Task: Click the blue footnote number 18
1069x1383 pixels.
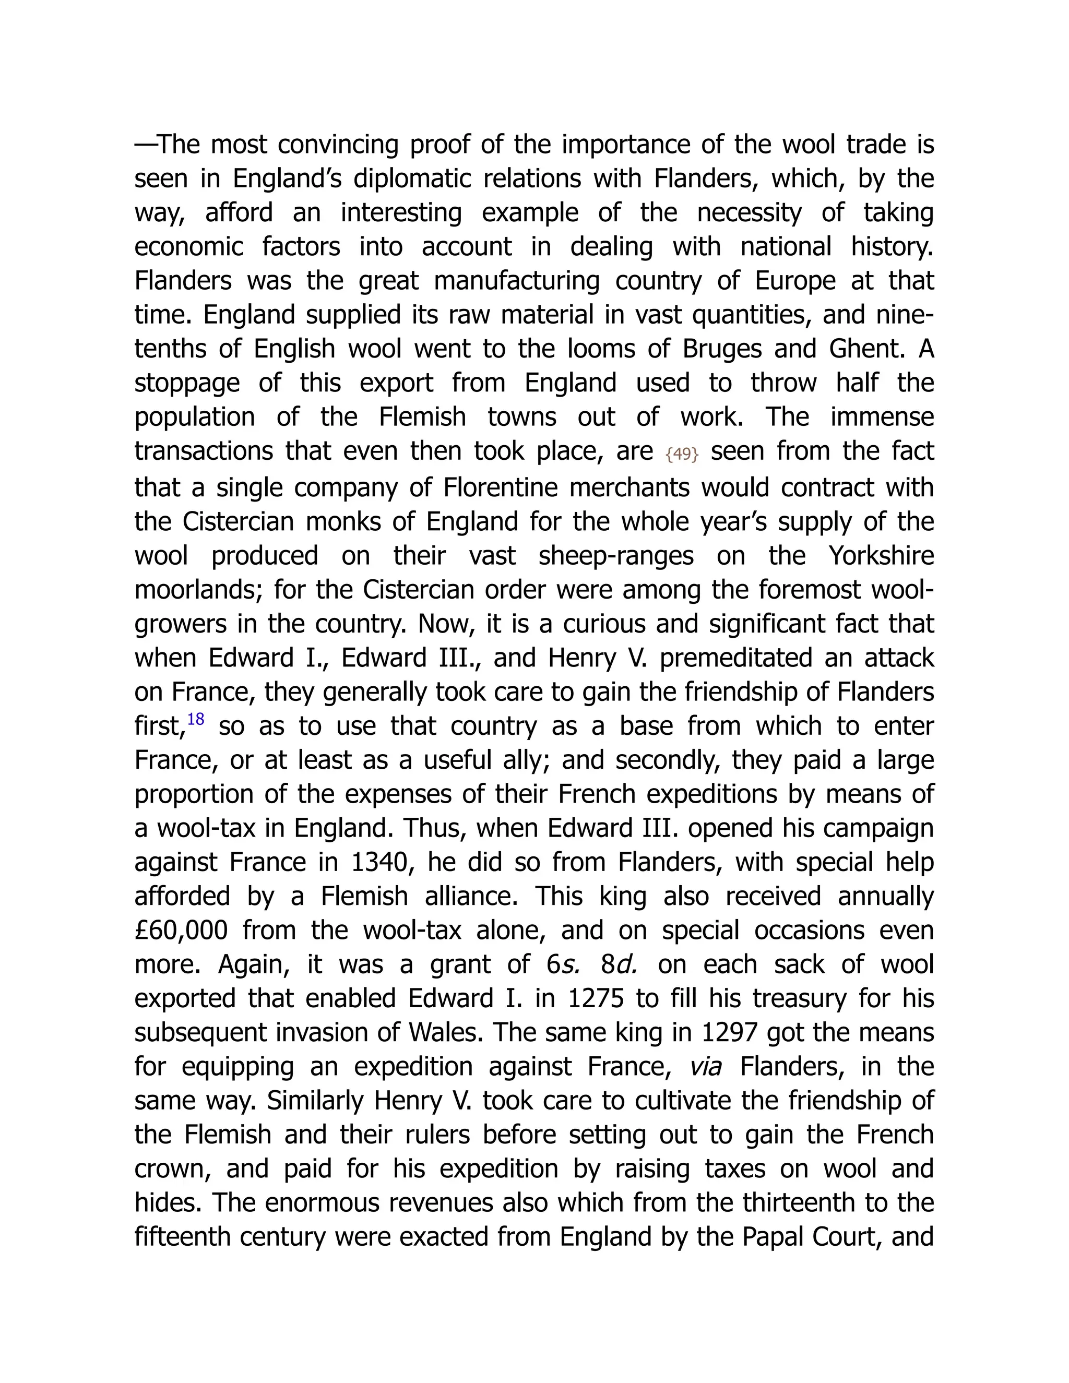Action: (x=196, y=719)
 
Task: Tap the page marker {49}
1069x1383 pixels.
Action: (x=682, y=454)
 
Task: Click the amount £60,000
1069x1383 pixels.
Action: (x=181, y=930)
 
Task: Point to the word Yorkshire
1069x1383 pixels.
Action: (x=881, y=556)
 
